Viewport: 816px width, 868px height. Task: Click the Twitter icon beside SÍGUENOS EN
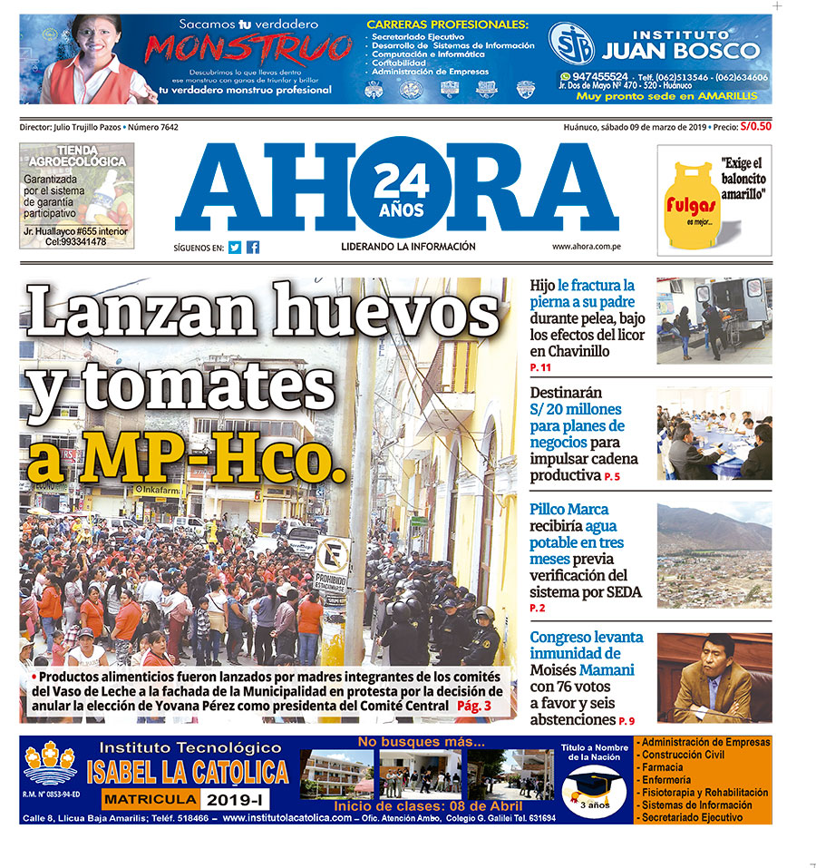pyautogui.click(x=235, y=247)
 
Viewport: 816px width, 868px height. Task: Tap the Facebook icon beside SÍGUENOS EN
pyautogui.click(x=253, y=247)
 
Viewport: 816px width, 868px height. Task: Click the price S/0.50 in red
pyautogui.click(x=755, y=127)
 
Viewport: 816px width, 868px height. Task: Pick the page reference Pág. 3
pyautogui.click(x=474, y=705)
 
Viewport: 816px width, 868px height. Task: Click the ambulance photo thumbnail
pyautogui.click(x=714, y=320)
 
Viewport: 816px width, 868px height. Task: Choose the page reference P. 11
pyautogui.click(x=540, y=367)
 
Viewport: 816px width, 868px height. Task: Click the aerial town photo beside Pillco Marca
pyautogui.click(x=714, y=555)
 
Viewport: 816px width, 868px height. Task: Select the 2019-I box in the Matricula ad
pyautogui.click(x=235, y=799)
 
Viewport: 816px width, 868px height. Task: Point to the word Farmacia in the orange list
pyautogui.click(x=662, y=767)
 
